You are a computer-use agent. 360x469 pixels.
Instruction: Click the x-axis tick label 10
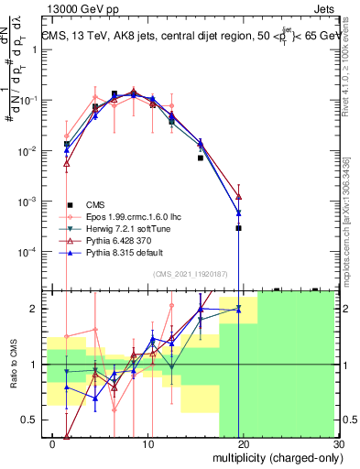click(x=148, y=442)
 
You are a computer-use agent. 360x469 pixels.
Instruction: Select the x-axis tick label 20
click(x=243, y=442)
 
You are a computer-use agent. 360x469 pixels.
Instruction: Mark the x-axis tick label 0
click(x=54, y=442)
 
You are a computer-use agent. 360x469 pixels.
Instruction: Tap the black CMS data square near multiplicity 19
click(x=238, y=228)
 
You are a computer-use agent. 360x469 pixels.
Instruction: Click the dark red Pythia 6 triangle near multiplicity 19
click(x=238, y=196)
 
